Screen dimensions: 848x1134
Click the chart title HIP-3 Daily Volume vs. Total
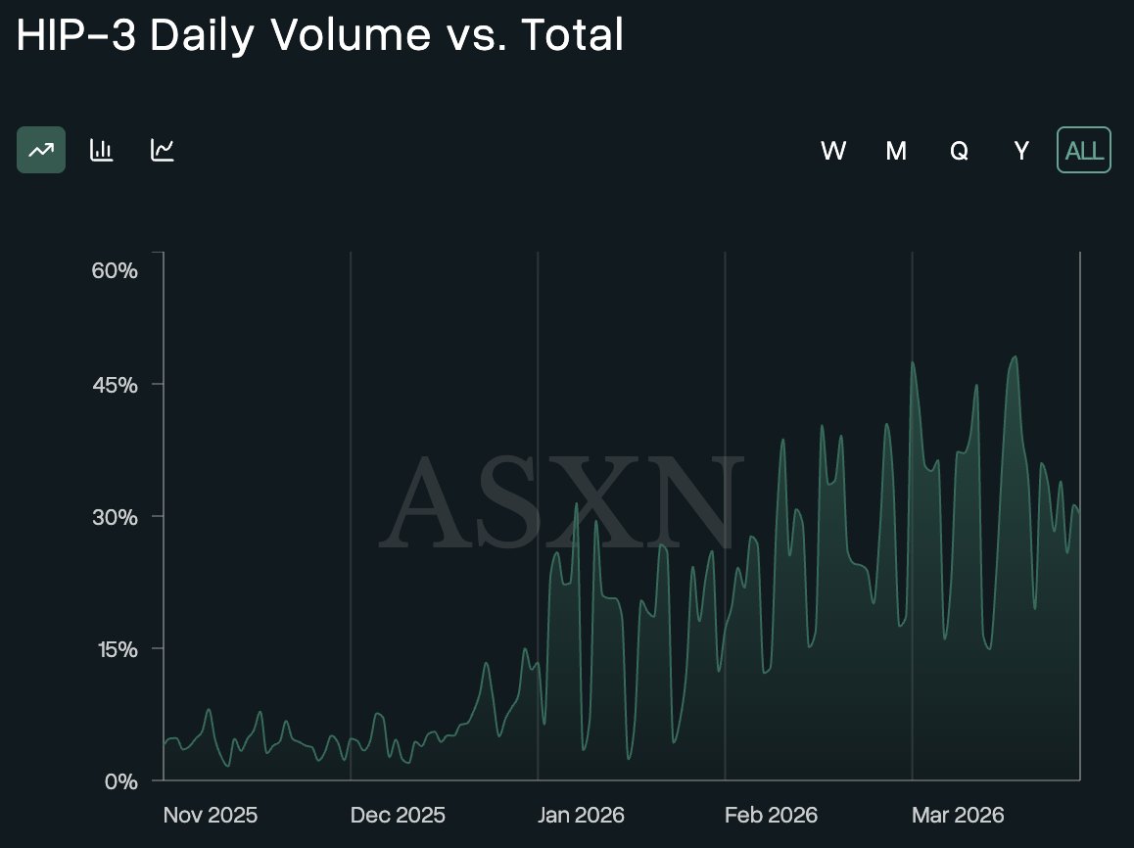pos(319,37)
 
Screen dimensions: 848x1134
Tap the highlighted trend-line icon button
pos(41,150)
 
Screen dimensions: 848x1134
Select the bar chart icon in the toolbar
pos(102,150)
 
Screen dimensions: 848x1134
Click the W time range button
pos(833,151)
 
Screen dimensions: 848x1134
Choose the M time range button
pos(896,151)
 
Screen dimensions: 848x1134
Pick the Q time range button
pos(959,151)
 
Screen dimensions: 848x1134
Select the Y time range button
pos(1021,151)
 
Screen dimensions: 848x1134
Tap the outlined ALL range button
pos(1084,151)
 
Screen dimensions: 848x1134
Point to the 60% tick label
pos(115,270)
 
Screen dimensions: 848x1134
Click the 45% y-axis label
pos(115,385)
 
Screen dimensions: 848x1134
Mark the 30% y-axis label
pos(115,517)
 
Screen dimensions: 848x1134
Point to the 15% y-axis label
pos(115,649)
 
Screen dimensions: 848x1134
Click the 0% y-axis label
pos(120,781)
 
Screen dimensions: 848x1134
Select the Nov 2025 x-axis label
pos(211,815)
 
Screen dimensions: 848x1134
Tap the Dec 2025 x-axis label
pos(398,815)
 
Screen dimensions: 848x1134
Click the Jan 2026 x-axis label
pos(582,815)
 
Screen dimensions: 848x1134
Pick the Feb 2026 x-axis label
pos(771,815)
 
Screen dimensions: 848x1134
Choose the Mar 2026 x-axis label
pos(958,815)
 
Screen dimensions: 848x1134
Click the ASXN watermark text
pos(558,502)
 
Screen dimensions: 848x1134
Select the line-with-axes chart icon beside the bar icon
pos(163,150)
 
